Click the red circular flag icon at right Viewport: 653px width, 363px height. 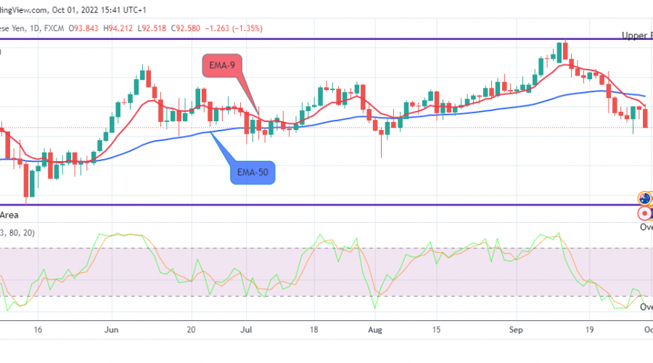(x=644, y=214)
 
